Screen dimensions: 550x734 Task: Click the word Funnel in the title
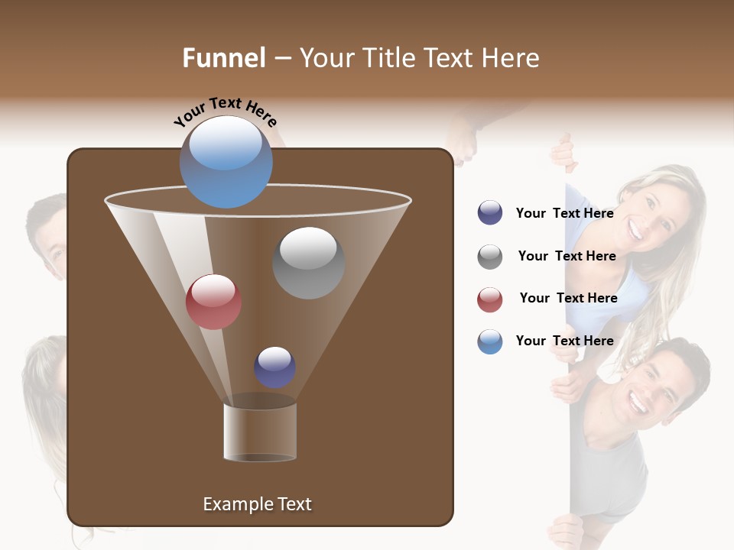pos(223,58)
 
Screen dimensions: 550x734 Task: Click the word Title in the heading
pos(387,58)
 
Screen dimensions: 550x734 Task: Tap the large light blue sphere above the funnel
pos(226,161)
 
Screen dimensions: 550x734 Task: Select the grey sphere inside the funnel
pos(308,262)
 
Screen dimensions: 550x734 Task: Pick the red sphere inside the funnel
pos(213,302)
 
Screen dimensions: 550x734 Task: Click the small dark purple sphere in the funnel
pos(274,367)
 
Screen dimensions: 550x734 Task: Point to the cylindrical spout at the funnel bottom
pos(260,432)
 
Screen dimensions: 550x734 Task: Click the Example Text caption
pos(257,504)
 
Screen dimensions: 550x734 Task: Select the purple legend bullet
pos(490,212)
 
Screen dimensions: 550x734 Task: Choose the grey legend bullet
pos(490,257)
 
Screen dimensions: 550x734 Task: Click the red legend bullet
pos(490,299)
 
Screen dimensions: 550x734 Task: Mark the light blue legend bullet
pos(490,341)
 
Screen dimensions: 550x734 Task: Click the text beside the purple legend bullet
pos(564,213)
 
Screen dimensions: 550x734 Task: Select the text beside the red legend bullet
pos(568,298)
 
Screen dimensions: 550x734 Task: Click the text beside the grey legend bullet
pos(567,256)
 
